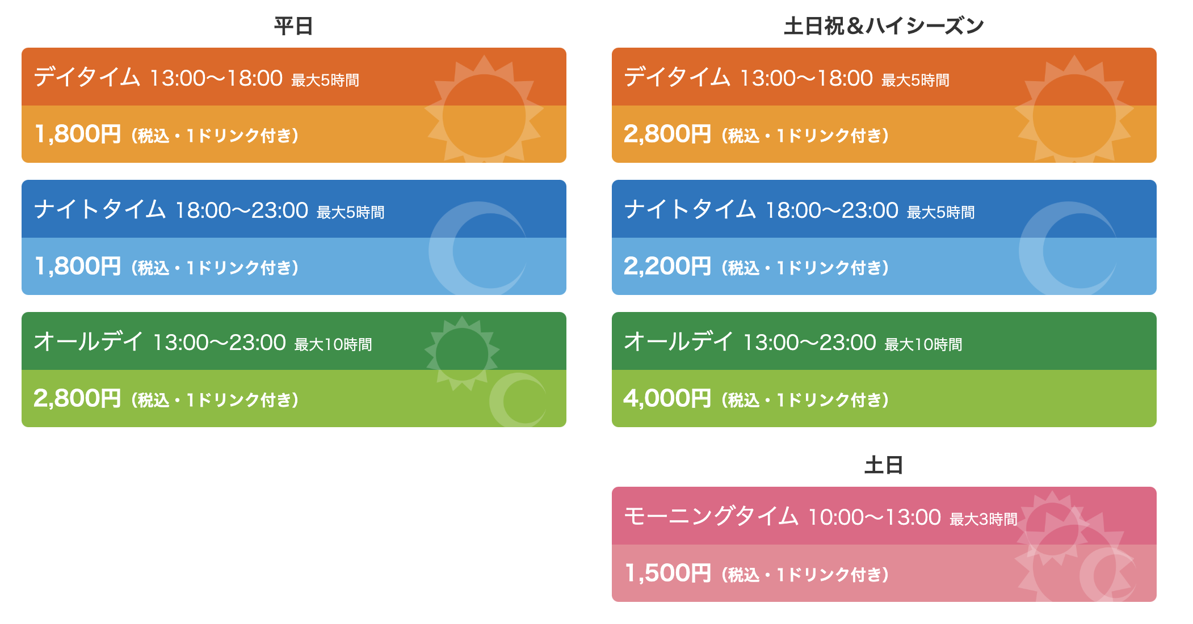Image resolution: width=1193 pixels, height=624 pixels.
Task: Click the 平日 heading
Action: coord(293,26)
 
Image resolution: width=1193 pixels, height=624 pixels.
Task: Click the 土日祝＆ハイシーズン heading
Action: coord(884,26)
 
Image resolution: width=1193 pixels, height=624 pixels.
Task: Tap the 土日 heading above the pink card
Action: coord(884,465)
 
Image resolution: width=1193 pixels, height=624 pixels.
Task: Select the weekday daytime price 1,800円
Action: coord(78,134)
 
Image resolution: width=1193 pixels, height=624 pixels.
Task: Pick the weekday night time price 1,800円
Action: coord(78,266)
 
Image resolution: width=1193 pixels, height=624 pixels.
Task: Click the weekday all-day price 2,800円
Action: coord(78,398)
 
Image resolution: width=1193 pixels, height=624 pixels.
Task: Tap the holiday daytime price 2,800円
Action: coord(667,134)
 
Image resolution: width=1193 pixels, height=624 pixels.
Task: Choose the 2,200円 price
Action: coord(667,266)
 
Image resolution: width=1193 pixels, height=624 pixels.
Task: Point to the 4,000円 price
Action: coord(667,398)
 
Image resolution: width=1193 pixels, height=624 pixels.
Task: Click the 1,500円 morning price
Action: coord(668,573)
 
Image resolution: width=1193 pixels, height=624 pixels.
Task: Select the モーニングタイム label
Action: coord(711,516)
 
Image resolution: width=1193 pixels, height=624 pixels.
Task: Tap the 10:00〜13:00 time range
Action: coord(875,517)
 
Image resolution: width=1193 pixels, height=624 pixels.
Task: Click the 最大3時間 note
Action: coord(984,519)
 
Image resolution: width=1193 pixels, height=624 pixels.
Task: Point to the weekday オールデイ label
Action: coord(89,341)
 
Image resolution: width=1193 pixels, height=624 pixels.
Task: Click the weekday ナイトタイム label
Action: coord(100,209)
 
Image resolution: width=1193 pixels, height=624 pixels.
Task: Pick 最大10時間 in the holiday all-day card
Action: coord(923,344)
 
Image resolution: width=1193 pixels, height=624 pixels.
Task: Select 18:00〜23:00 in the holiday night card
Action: coord(832,210)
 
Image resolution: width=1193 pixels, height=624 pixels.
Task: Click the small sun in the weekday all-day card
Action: coord(462,353)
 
